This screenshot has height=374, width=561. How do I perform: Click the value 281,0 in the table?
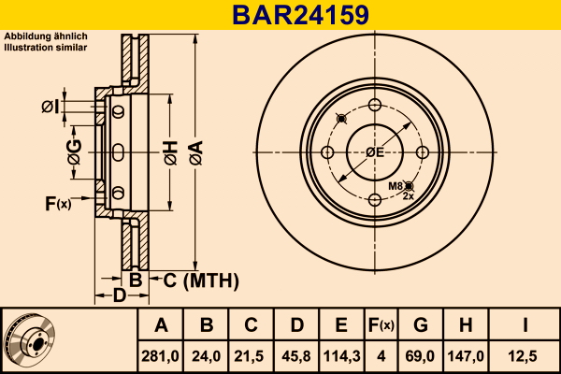pos(161,355)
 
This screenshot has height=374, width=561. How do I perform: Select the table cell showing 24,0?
pos(207,355)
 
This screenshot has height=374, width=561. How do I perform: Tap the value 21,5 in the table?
pos(252,355)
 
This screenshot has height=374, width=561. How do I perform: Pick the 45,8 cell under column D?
pos(296,355)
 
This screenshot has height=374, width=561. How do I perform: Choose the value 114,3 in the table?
pos(341,355)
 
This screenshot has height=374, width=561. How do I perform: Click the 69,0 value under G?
pos(420,355)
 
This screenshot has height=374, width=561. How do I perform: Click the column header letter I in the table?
pos(525,325)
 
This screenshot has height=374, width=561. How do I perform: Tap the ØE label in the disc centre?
pos(376,152)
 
